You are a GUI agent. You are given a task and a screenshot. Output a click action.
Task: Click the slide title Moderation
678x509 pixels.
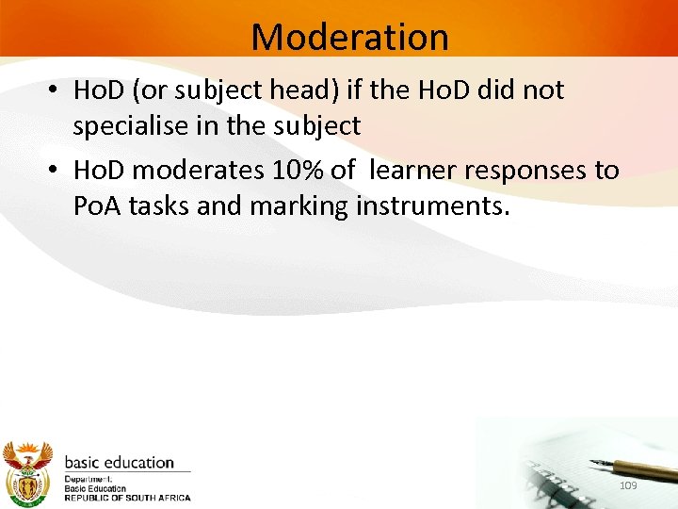(x=349, y=37)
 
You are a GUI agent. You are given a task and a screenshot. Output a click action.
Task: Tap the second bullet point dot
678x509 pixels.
(x=56, y=172)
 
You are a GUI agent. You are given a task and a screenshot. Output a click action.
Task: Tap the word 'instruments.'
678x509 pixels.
(x=433, y=205)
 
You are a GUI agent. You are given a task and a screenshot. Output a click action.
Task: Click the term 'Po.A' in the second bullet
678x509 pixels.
(x=97, y=205)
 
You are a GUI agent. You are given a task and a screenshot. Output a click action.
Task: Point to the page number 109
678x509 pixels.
(x=628, y=484)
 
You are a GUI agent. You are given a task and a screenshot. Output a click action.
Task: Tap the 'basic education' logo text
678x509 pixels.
(x=119, y=463)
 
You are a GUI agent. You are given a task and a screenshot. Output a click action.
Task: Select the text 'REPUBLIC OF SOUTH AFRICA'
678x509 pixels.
(x=127, y=498)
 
